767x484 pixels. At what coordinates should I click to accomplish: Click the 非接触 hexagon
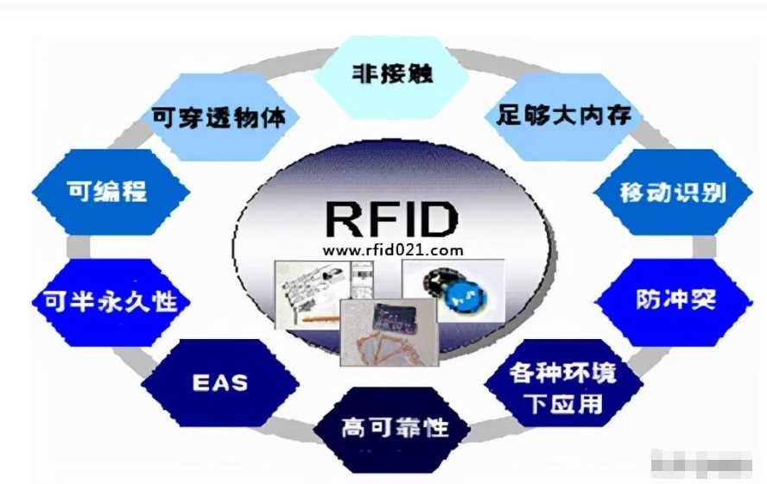point(390,74)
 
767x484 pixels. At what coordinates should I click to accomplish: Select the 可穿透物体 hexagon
point(217,116)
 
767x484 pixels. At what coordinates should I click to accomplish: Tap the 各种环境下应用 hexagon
point(563,388)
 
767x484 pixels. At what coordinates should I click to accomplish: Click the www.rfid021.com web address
point(392,250)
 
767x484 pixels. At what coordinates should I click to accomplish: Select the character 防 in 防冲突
point(647,299)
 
